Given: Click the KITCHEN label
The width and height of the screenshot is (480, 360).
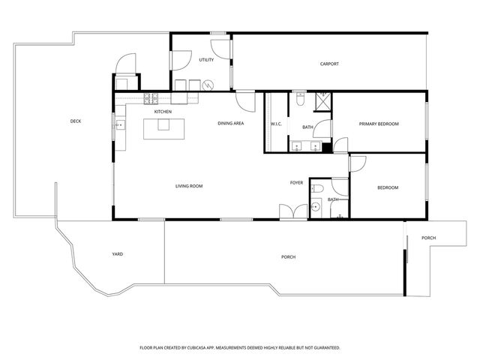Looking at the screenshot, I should coord(163,112).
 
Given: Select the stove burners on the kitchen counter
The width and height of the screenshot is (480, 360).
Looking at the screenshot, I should coord(150,97).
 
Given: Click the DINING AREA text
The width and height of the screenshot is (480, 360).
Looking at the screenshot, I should coord(230,123).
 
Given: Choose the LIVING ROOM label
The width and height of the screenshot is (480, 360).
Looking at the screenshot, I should coord(189,186).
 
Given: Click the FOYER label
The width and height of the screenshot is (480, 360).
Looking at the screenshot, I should coord(297,183).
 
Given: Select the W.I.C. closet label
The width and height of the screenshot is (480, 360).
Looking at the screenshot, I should coord(275,124).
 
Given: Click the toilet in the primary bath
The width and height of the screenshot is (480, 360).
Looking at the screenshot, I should coord(299,97).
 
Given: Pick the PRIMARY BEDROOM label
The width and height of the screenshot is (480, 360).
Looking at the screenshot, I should coord(379,124).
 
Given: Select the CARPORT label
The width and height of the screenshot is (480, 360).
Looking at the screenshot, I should coord(329,64).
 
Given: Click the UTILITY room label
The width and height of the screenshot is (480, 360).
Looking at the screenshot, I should coord(206,60).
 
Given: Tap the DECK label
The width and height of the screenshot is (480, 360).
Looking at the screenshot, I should coord(76,121).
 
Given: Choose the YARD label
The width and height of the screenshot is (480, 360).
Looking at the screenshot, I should coord(117,254).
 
